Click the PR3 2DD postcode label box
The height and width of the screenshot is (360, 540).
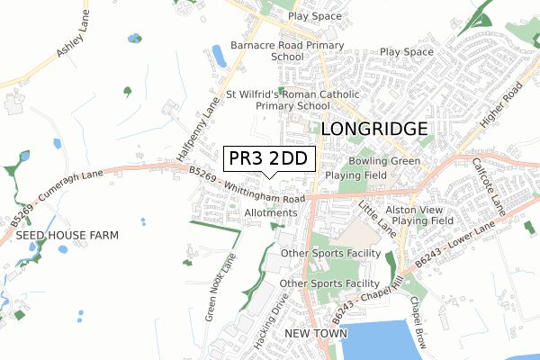pos(268,159)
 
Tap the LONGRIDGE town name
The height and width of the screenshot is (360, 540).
pos(373,129)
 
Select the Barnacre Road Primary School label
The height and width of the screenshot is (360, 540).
pos(287,50)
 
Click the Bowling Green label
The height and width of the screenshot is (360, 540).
pos(385,161)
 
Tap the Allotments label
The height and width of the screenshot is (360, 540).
pos(269,212)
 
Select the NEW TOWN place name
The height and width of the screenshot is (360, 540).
pos(309,333)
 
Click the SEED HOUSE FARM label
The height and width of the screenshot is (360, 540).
pos(67,235)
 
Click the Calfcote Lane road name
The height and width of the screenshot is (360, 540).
pos(490,186)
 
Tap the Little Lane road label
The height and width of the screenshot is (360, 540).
pos(377,218)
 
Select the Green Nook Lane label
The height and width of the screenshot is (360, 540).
pos(220,286)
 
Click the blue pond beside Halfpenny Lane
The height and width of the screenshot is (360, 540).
pos(219,56)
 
